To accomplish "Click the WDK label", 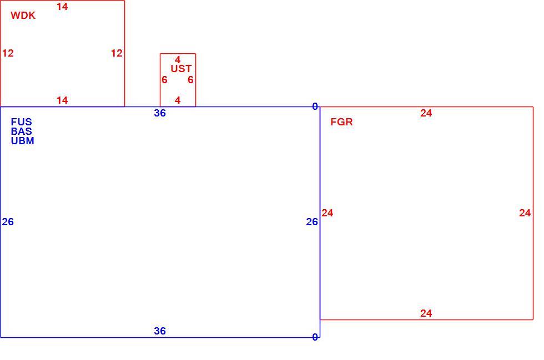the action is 23,16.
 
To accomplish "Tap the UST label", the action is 181,69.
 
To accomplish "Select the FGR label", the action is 342,122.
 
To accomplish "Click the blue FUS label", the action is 22,122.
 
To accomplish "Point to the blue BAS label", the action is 22,131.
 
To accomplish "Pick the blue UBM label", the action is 23,141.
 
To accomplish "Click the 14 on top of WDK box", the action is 62,7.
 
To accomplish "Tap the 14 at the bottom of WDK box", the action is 62,100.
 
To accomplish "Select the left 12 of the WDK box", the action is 8,53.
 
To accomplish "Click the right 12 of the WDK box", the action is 117,53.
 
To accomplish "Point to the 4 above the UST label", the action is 178,60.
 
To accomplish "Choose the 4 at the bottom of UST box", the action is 178,100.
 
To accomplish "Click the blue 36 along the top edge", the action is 160,113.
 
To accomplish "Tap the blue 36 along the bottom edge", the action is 160,331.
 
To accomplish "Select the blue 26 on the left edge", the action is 8,222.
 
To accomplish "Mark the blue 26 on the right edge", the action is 312,222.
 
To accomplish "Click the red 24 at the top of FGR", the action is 426,113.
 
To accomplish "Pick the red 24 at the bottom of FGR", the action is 426,313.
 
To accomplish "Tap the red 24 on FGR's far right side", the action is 525,213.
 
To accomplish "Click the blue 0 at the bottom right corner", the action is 315,337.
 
